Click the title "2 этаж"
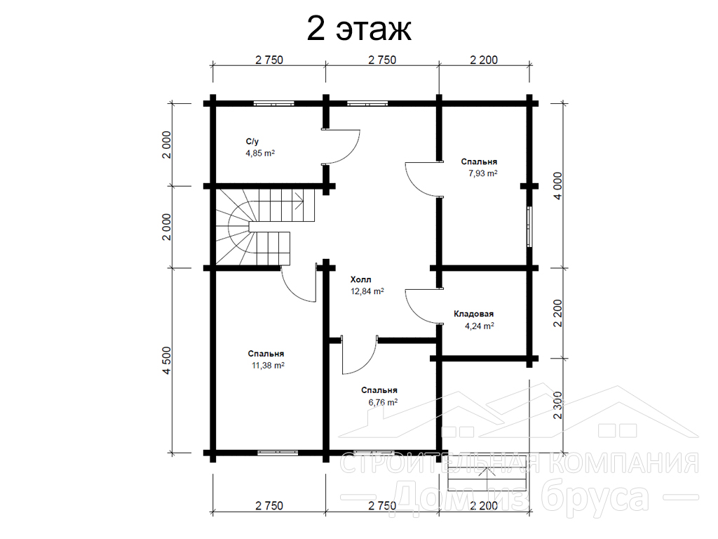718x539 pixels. pyautogui.click(x=358, y=29)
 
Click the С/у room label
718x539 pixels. pyautogui.click(x=252, y=142)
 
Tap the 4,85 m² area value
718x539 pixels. pyautogui.click(x=260, y=153)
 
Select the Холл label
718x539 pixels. pyautogui.click(x=361, y=279)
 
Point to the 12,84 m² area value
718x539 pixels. pyautogui.click(x=367, y=291)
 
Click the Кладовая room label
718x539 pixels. pyautogui.click(x=473, y=314)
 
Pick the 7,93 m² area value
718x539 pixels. pyautogui.click(x=482, y=173)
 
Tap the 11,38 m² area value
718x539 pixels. pyautogui.click(x=268, y=365)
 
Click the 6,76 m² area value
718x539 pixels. pyautogui.click(x=383, y=402)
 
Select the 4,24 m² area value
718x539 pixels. pyautogui.click(x=480, y=326)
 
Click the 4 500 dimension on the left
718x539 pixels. pyautogui.click(x=166, y=360)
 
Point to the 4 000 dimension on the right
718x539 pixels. pyautogui.click(x=557, y=185)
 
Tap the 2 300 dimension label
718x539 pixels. pyautogui.click(x=557, y=405)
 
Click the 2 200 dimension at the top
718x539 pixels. pyautogui.click(x=484, y=60)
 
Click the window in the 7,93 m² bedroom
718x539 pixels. pyautogui.click(x=530, y=227)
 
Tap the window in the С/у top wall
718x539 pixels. pyautogui.click(x=274, y=104)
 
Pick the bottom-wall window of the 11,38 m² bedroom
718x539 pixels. pyautogui.click(x=278, y=453)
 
